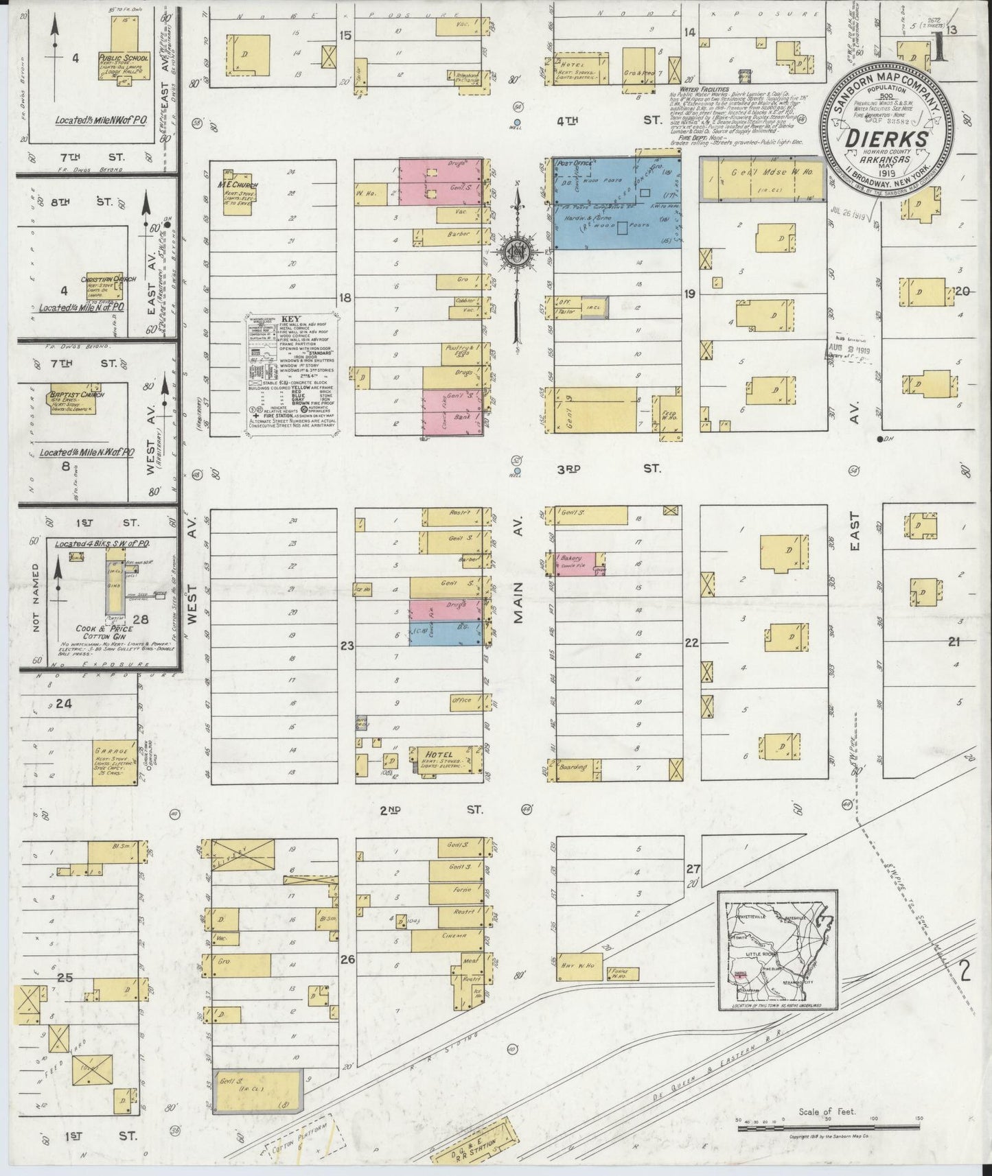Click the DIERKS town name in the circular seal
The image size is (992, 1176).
click(x=890, y=140)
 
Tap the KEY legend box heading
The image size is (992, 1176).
click(x=292, y=319)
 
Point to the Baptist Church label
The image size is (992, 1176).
click(x=71, y=396)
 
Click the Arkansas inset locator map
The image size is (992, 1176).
click(x=777, y=950)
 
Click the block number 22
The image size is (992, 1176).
click(x=691, y=643)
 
